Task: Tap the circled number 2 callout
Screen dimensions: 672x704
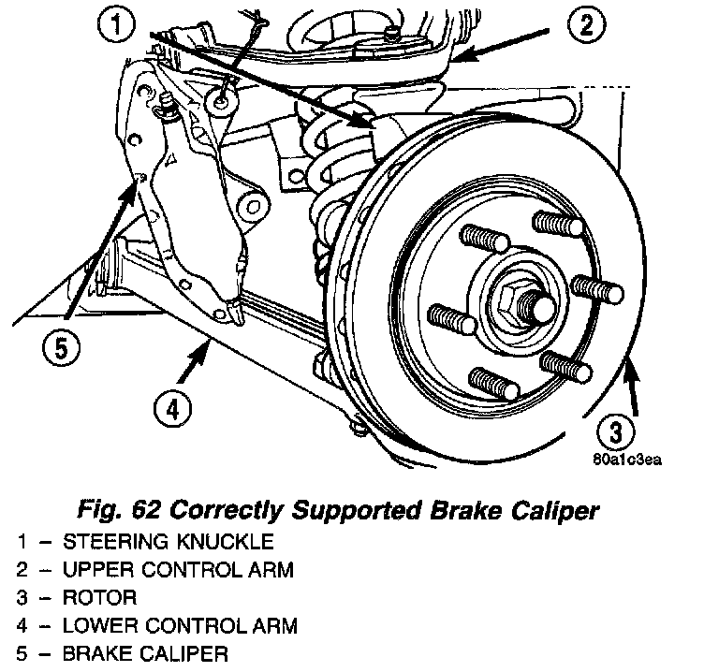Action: coord(586,26)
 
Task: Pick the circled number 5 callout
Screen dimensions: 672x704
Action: coord(60,349)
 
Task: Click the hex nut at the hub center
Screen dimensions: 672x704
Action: coord(514,300)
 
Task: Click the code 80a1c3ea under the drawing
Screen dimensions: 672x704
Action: coord(627,460)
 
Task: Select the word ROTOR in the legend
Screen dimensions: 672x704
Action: coord(100,596)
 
